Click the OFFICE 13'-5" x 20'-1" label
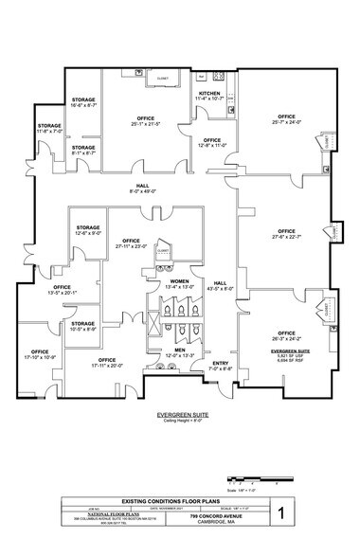(x=63, y=290)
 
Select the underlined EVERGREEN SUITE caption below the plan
(x=180, y=414)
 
